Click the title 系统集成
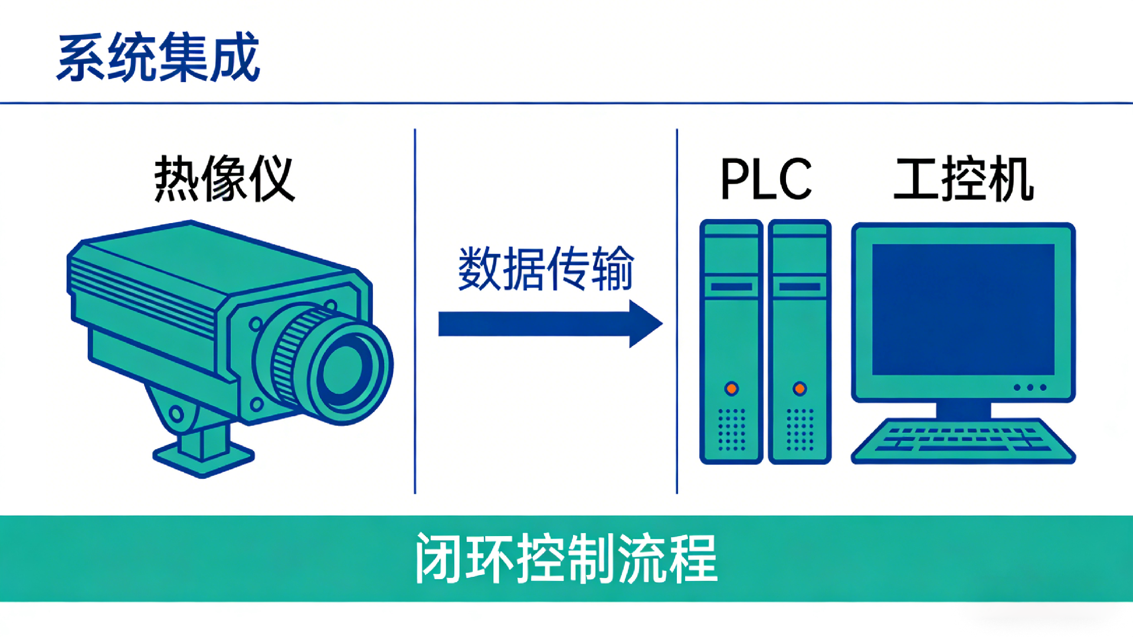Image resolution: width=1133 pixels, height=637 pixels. [158, 57]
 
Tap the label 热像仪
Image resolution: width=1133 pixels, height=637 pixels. [224, 179]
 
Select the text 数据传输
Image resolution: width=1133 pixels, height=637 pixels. [546, 269]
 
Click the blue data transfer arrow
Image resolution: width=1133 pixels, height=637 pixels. [549, 324]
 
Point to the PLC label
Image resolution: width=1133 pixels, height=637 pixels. [766, 179]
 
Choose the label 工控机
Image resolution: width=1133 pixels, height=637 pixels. [964, 179]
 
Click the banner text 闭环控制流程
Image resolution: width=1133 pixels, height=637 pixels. [566, 558]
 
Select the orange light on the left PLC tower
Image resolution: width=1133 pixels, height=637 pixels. [732, 388]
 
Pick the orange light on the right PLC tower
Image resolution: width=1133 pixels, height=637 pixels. [800, 388]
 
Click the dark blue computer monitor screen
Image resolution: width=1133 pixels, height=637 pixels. [963, 309]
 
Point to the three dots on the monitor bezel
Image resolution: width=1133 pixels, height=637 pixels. [1030, 387]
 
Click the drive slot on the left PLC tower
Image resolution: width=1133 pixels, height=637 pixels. [732, 287]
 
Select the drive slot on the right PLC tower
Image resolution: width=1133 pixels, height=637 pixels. [800, 287]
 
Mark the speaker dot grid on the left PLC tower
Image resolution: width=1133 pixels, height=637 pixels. [732, 429]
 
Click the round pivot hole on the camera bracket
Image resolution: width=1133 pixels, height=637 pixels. [176, 413]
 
